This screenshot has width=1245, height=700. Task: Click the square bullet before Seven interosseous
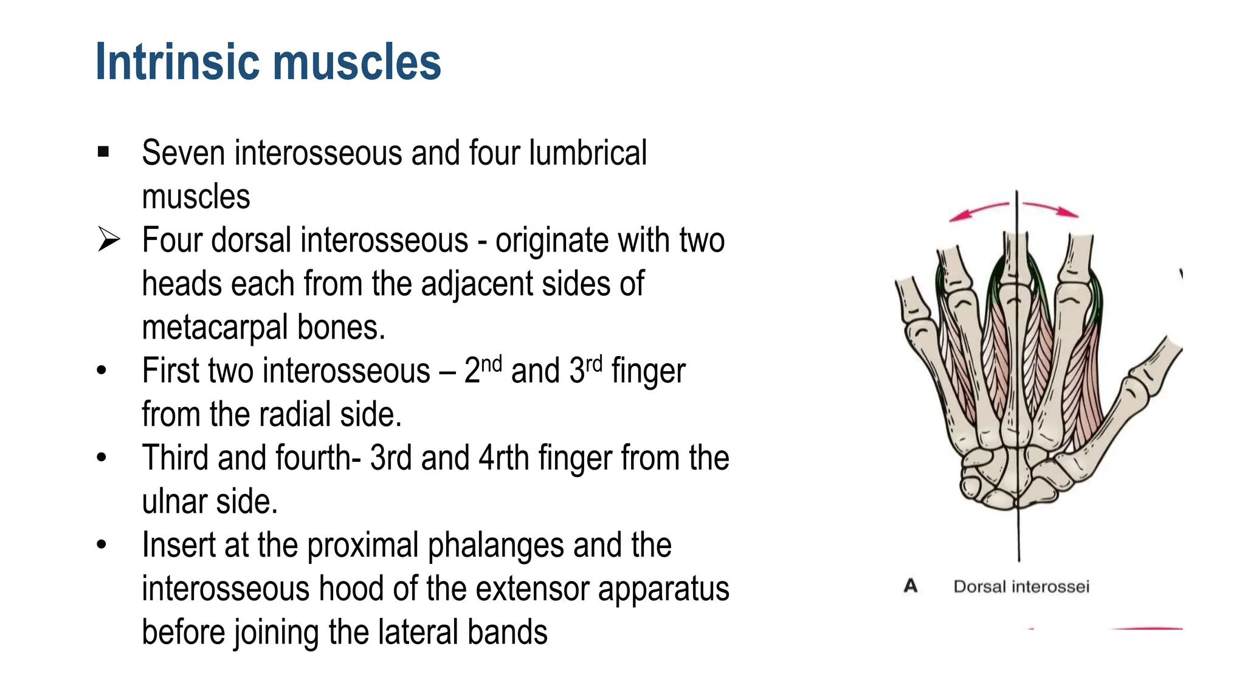pos(103,151)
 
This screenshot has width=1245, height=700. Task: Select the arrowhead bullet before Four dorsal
pos(109,239)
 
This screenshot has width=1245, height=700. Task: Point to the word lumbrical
pos(587,153)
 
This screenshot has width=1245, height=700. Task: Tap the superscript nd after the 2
pos(491,364)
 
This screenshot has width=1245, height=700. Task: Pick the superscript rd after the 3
pos(594,364)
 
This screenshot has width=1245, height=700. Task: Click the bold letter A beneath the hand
pos(910,586)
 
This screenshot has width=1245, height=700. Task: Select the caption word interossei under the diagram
pos(1050,586)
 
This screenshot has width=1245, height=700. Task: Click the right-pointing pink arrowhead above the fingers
pos(1071,213)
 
